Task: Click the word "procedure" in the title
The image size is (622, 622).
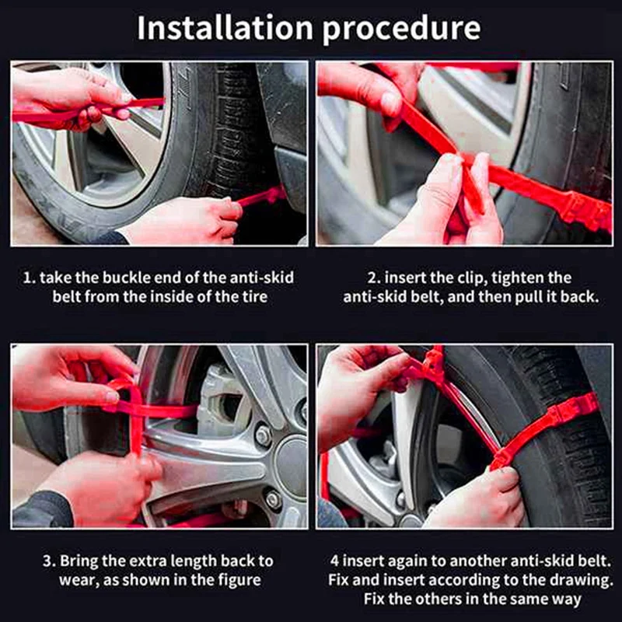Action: [x=401, y=30]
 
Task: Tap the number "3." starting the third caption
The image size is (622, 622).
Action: [x=49, y=561]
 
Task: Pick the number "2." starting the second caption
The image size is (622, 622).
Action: [x=374, y=278]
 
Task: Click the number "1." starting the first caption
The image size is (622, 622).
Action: [x=30, y=278]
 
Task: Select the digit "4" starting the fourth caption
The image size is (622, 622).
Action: [x=334, y=561]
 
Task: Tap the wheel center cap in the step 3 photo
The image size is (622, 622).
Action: [x=292, y=460]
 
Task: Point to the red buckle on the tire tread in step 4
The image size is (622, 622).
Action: [x=573, y=412]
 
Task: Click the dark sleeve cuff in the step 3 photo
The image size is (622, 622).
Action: [x=44, y=510]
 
